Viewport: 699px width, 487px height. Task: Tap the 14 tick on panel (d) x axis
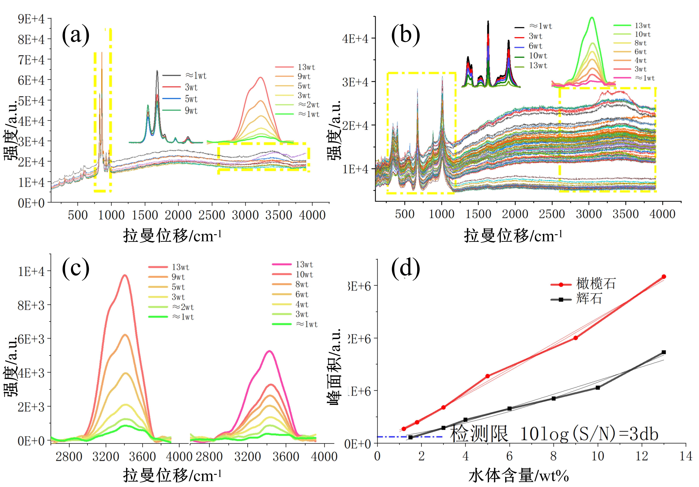pyautogui.click(x=686, y=456)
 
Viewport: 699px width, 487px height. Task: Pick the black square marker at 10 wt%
pyautogui.click(x=598, y=388)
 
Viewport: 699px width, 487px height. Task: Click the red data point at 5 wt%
pyautogui.click(x=487, y=376)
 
